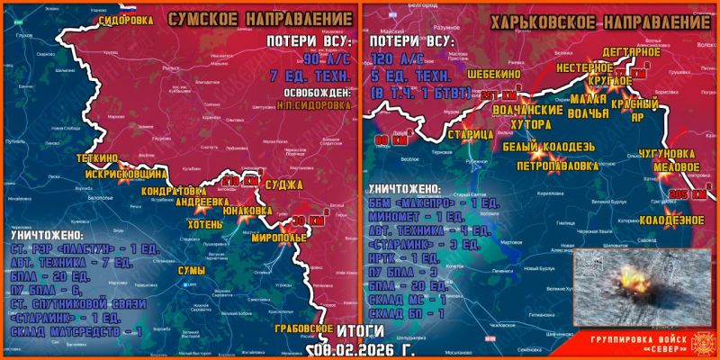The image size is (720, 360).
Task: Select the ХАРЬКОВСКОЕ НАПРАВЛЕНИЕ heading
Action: (x=603, y=20)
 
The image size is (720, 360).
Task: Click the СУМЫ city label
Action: (x=191, y=271)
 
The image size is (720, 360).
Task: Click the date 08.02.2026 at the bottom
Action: (x=357, y=349)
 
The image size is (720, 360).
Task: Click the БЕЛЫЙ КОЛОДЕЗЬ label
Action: (x=547, y=147)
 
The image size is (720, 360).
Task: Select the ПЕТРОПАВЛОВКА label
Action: (x=557, y=166)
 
